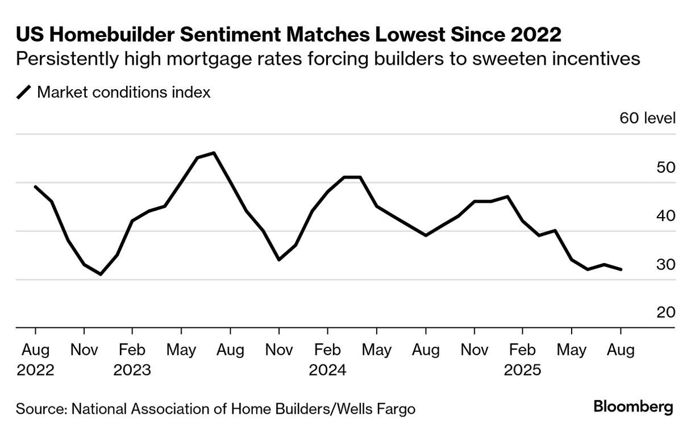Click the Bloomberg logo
click(633, 407)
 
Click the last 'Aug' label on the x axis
click(620, 350)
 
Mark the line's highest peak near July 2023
click(214, 152)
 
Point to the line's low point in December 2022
click(101, 274)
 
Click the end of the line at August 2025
click(621, 269)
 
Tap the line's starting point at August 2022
click(35, 186)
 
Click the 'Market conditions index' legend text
click(123, 92)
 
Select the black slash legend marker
click(24, 92)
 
